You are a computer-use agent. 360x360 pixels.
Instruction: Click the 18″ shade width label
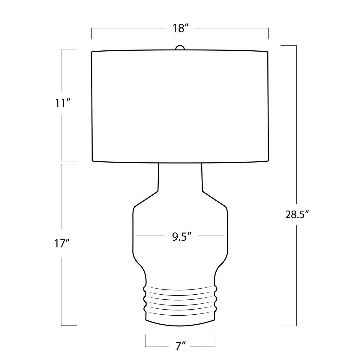(180, 28)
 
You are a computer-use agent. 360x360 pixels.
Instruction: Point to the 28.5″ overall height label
(296, 215)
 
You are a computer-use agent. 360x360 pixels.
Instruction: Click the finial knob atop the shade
(180, 47)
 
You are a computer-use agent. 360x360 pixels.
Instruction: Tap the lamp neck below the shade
(180, 178)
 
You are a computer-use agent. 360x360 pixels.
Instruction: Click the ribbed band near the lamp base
(180, 301)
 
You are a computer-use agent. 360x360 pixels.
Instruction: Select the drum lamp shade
(180, 106)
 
